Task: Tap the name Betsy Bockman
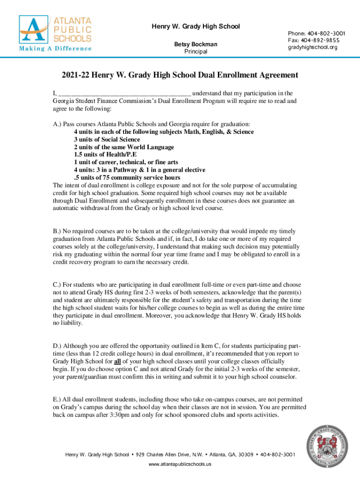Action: tap(195, 44)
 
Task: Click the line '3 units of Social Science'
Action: tap(107, 139)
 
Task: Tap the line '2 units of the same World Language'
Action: tap(123, 147)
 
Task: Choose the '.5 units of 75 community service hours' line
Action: tap(127, 177)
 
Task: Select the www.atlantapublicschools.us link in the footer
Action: tap(180, 464)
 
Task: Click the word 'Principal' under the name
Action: tap(195, 51)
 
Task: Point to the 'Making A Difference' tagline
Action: tap(55, 48)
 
